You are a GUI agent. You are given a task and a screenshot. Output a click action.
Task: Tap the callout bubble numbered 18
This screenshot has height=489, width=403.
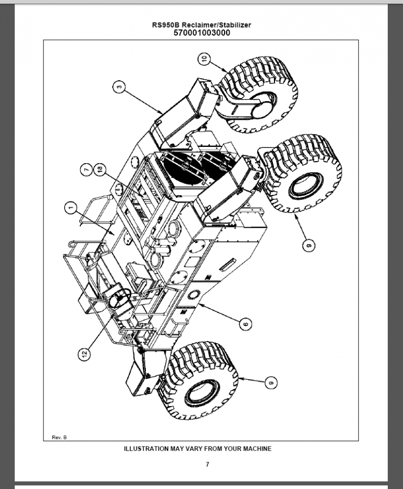click(x=99, y=169)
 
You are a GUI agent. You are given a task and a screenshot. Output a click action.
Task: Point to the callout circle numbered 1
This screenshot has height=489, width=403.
click(x=69, y=208)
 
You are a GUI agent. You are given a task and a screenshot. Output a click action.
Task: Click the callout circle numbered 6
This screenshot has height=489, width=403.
click(x=245, y=324)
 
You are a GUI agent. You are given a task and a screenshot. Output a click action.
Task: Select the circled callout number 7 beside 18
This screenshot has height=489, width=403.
click(x=87, y=169)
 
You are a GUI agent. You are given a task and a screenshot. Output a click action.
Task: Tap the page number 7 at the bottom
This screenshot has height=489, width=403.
click(x=207, y=464)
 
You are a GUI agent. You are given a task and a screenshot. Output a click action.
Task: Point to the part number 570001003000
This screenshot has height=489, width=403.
click(x=201, y=33)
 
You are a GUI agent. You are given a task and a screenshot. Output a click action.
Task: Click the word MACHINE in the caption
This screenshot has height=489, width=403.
click(x=259, y=449)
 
